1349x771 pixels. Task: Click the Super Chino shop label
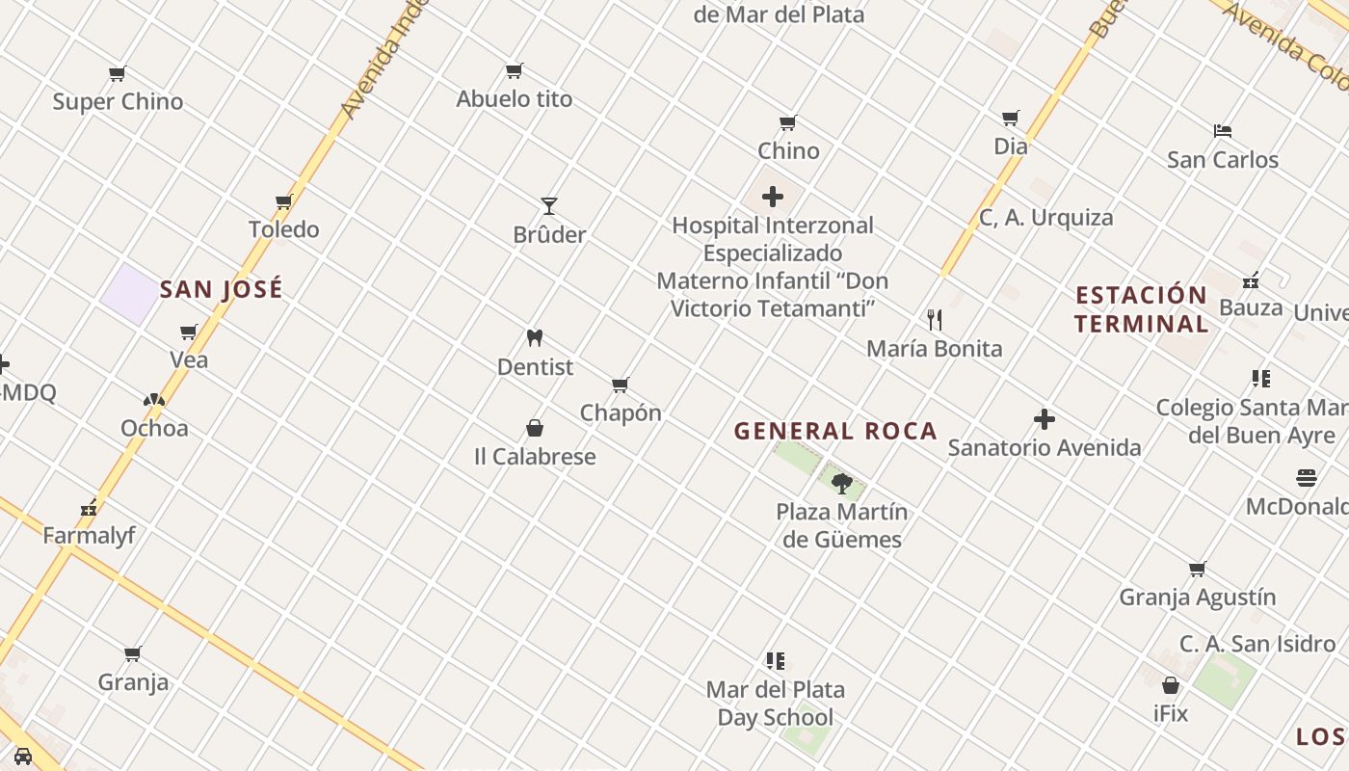coord(118,101)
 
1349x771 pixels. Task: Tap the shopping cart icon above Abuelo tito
coord(515,71)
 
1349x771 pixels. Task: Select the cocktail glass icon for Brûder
coord(549,205)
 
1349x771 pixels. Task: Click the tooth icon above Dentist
coord(535,337)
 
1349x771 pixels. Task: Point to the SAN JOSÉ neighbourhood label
coord(222,289)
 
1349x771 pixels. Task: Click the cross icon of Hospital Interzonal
coord(773,198)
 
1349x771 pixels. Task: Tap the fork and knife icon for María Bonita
coord(935,320)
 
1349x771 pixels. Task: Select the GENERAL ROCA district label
coord(835,431)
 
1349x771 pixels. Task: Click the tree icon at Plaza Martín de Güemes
coord(842,483)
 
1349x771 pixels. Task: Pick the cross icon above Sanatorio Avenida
coord(1045,419)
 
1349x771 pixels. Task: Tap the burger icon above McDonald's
coord(1307,478)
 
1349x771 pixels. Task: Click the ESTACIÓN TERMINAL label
coord(1141,308)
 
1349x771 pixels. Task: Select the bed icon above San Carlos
coord(1223,131)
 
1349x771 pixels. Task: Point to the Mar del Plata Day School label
coord(776,703)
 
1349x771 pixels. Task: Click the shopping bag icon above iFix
coord(1171,685)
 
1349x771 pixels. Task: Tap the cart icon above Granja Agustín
coord(1197,569)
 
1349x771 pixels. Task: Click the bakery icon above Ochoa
coord(154,400)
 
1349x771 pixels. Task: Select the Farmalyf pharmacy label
coord(89,535)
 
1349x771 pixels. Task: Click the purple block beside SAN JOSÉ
coord(129,293)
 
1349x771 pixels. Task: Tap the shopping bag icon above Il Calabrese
coord(535,428)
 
